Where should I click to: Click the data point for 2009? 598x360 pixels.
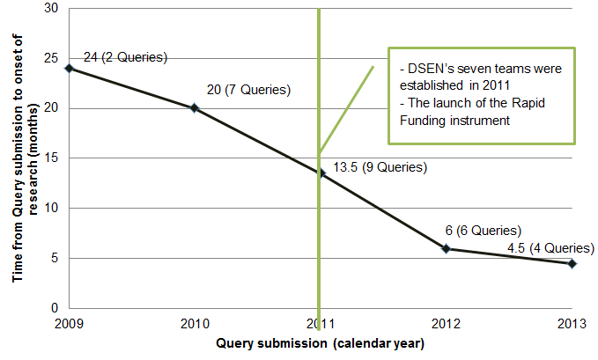click(x=70, y=68)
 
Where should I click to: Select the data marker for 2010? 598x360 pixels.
click(x=195, y=108)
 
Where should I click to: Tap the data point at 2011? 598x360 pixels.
click(x=321, y=173)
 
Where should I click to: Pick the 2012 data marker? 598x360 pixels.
click(x=447, y=248)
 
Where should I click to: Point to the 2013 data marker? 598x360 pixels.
click(x=572, y=263)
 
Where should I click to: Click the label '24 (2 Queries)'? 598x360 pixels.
click(x=124, y=58)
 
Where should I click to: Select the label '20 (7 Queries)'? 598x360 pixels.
click(x=248, y=90)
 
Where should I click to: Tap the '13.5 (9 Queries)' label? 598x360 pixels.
click(x=380, y=167)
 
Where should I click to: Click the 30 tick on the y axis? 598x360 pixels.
click(x=52, y=9)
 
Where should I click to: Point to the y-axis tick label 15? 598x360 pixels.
click(x=52, y=158)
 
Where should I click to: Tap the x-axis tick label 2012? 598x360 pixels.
click(x=447, y=324)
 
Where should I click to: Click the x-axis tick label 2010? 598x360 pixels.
click(x=195, y=324)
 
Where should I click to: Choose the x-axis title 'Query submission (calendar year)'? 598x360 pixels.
click(x=321, y=343)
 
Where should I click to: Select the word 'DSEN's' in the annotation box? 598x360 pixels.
click(x=432, y=68)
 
